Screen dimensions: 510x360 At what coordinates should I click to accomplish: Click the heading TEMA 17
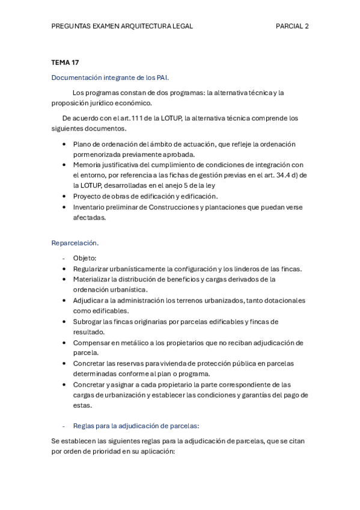(x=65, y=62)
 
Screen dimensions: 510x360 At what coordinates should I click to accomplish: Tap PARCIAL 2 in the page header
(x=292, y=26)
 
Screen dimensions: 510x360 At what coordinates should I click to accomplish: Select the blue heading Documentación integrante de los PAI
(x=110, y=77)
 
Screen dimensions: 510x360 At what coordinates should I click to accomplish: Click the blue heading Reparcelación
(x=75, y=243)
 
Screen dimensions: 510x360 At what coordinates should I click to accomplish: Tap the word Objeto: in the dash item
(x=89, y=258)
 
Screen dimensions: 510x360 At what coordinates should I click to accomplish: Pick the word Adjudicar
(x=88, y=300)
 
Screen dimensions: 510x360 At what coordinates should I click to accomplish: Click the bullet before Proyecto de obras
(x=64, y=197)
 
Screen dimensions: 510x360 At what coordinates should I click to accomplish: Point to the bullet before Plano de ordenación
(x=64, y=144)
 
